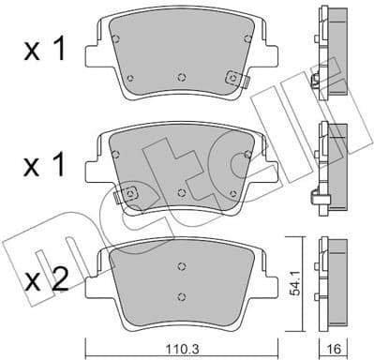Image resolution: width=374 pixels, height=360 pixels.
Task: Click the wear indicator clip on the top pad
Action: click(231, 82)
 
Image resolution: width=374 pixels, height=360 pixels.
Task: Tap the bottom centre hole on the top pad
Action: click(181, 76)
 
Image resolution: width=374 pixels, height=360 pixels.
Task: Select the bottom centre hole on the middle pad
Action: click(181, 190)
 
